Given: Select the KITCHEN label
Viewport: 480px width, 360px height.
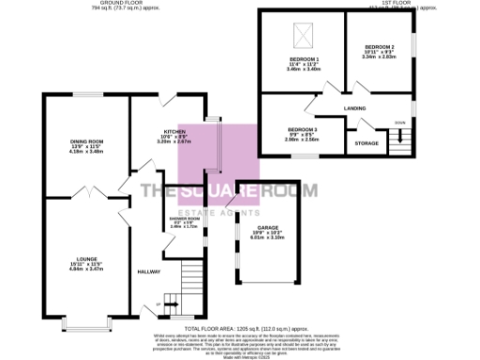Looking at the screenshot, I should (x=175, y=131).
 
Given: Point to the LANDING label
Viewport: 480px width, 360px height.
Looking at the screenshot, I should (x=354, y=109).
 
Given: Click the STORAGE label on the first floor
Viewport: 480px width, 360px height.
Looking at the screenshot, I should (x=366, y=142).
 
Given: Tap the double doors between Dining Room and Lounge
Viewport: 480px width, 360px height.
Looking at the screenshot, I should (x=84, y=195).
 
